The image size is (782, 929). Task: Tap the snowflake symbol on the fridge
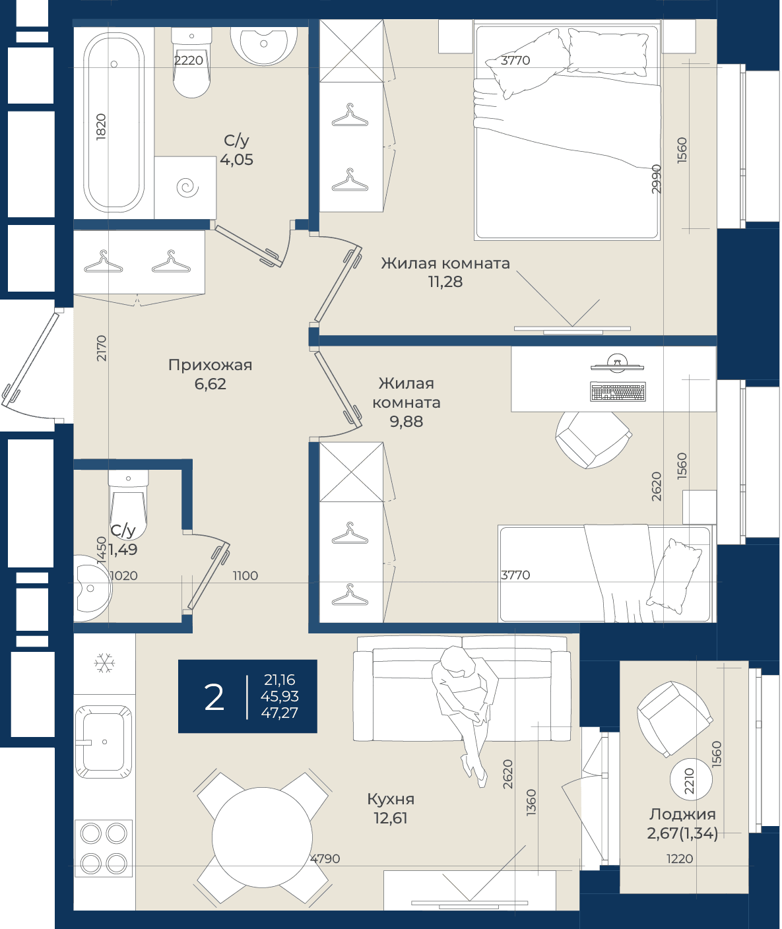point(104,662)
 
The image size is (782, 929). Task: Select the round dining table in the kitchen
point(262,837)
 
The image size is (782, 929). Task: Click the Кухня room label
point(391,799)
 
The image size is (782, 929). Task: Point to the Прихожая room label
point(210,365)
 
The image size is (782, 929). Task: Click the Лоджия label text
point(682,815)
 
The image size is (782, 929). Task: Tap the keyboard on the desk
point(618,391)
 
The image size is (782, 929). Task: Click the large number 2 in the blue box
point(214,698)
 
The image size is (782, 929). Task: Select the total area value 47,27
point(280,713)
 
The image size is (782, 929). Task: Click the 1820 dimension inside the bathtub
point(101,127)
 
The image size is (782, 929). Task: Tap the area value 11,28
point(445,282)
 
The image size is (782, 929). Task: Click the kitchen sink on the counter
point(104,741)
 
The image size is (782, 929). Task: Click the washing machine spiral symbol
point(187,187)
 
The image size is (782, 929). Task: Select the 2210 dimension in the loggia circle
point(690,781)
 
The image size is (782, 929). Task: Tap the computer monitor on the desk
point(617,362)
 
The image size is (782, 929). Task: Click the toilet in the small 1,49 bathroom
point(128,503)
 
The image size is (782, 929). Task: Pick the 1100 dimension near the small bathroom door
point(245,576)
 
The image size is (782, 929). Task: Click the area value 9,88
point(407,422)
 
